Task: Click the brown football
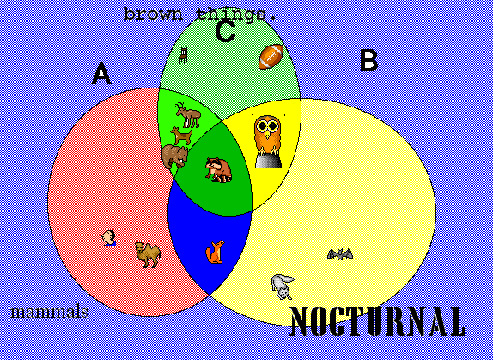[x=271, y=57]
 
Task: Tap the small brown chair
[x=183, y=56]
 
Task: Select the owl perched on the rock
[x=267, y=136]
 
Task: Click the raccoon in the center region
[x=218, y=170]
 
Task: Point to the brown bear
[x=175, y=156]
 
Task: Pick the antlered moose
[x=188, y=115]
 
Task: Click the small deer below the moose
[x=181, y=136]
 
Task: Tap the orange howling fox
[x=216, y=252]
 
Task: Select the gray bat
[x=340, y=253]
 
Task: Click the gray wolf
[x=283, y=286]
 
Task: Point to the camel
[x=148, y=254]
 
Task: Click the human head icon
[x=109, y=238]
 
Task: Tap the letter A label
[x=101, y=73]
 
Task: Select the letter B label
[x=368, y=61]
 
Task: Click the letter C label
[x=225, y=31]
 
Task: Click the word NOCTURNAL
[x=377, y=321]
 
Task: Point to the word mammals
[x=49, y=312]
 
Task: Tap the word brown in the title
[x=153, y=14]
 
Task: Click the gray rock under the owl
[x=268, y=161]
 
